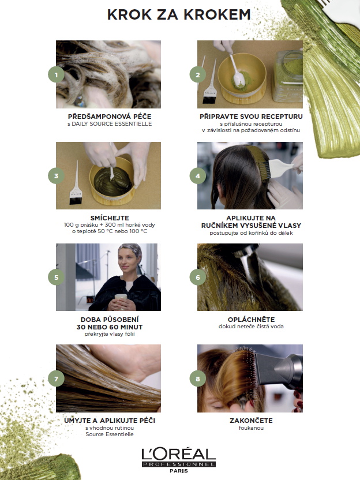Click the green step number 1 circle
point(56,74)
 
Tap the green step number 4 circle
point(197,176)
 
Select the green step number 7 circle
point(56,378)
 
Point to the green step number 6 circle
point(197,277)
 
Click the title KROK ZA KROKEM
point(179,14)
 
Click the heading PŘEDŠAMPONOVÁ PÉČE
point(110,117)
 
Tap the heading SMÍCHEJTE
point(110,218)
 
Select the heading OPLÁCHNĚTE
point(251,319)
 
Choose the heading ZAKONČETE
point(251,421)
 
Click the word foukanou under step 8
point(251,428)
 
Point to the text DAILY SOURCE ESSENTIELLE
point(112,124)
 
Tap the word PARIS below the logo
point(179,471)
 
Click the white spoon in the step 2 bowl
point(237,72)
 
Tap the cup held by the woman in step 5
point(121,301)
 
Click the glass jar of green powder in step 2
point(288,76)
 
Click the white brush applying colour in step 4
point(278,168)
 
